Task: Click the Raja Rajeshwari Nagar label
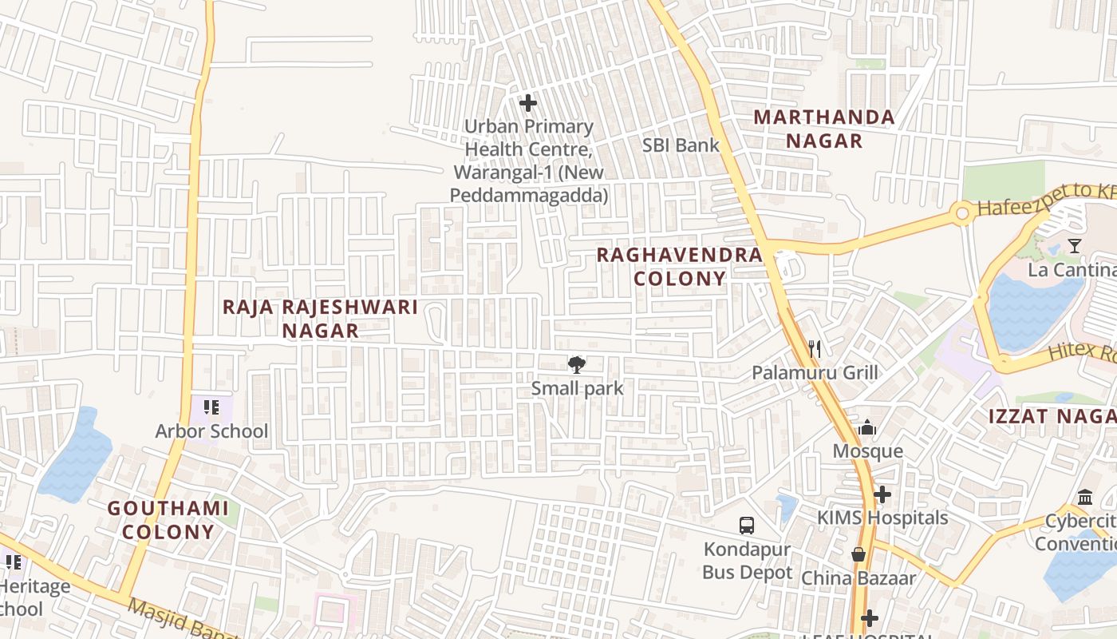320,319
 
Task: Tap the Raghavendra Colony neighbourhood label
680,267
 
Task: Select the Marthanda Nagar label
824,129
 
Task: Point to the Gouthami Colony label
168,520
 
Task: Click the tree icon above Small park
575,365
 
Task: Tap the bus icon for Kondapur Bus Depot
747,525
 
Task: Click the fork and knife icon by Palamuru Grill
815,348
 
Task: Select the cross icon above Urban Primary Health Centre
527,103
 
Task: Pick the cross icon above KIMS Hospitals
882,494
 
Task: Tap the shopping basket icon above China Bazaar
858,554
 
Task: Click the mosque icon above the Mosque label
867,428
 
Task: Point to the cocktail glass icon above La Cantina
1075,246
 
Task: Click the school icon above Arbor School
211,408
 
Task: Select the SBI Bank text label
681,145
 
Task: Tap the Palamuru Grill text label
815,373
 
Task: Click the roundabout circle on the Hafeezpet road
962,213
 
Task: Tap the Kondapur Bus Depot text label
747,562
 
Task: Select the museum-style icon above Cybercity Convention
1085,497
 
